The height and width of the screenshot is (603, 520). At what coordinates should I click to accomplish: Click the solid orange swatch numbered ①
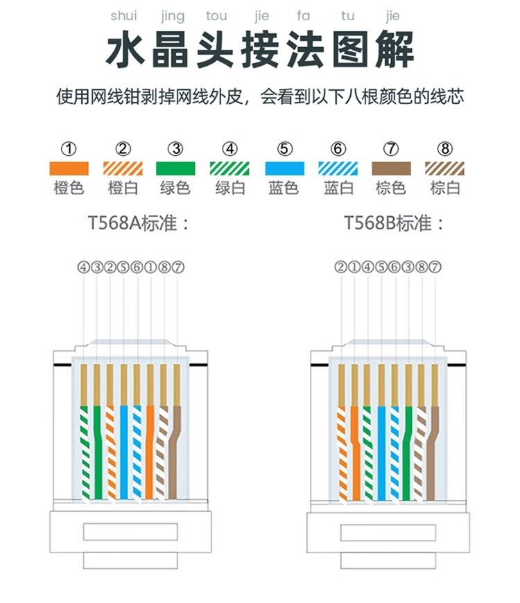69,168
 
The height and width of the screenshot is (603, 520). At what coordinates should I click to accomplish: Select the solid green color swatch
177,168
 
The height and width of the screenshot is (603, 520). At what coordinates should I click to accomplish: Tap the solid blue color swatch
285,168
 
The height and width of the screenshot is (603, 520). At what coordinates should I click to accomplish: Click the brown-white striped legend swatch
445,168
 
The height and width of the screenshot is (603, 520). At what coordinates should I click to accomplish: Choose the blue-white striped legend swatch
338,168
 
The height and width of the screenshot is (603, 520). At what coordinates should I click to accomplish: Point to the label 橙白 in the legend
123,188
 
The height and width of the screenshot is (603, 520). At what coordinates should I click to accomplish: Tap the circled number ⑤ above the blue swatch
285,148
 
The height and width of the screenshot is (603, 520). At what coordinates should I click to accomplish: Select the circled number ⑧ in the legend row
445,148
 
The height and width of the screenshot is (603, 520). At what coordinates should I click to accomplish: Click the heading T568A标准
138,224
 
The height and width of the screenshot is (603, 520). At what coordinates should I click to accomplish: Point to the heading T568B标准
394,224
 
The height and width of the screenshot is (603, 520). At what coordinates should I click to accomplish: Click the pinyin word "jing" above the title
172,16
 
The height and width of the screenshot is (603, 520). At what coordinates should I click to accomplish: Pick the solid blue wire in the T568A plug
124,451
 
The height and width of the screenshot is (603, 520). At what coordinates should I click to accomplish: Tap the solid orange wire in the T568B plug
354,451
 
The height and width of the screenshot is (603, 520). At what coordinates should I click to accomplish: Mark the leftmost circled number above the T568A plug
83,267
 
